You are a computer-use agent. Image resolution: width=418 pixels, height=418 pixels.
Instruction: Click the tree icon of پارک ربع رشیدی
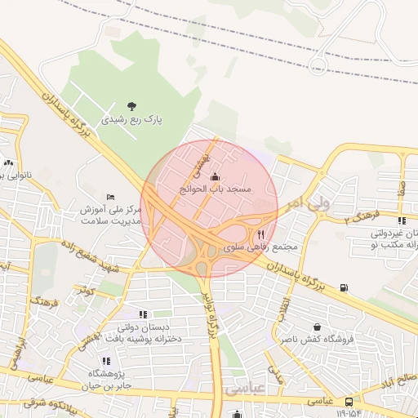pos(133,105)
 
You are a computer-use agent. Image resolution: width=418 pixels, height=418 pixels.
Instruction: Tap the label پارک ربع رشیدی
pos(132,119)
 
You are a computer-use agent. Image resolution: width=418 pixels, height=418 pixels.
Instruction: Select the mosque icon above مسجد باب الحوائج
pos(216,176)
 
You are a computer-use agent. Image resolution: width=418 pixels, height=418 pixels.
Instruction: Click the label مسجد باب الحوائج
pos(217,189)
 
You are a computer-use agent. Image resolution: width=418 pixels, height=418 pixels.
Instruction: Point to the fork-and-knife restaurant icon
pos(261,233)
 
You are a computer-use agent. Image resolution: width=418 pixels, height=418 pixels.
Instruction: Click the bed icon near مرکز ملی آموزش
pos(111,197)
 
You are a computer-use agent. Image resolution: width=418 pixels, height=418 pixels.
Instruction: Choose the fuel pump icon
pos(344,287)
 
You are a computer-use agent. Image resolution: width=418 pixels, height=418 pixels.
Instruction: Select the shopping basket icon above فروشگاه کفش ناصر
pos(305,327)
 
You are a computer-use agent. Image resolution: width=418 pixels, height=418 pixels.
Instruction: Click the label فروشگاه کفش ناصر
pos(311,339)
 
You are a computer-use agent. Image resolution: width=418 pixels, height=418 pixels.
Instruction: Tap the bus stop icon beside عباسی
pos(349,402)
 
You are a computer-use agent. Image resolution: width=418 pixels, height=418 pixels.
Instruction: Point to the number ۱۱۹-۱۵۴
pos(349,413)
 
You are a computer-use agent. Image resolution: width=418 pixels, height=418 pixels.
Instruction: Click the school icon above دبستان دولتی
pos(143,314)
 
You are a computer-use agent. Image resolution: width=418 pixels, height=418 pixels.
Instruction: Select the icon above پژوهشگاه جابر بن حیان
pos(106,361)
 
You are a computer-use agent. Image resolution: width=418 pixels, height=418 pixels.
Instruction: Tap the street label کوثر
pos(86,290)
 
